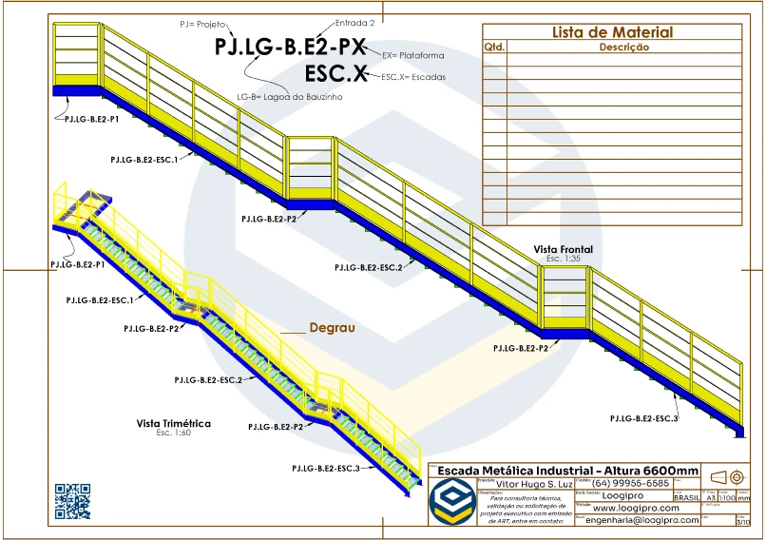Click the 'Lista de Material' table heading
[612, 32]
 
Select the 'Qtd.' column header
[494, 47]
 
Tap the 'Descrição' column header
[623, 47]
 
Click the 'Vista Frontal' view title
[563, 249]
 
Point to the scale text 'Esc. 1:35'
[563, 259]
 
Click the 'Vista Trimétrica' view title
[174, 423]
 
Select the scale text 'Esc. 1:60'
[174, 433]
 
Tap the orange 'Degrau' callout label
[332, 328]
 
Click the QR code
[72, 502]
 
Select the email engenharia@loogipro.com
[642, 520]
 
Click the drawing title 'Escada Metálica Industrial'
[566, 471]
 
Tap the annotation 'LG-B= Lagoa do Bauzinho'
[289, 97]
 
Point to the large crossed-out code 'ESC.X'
[335, 73]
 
